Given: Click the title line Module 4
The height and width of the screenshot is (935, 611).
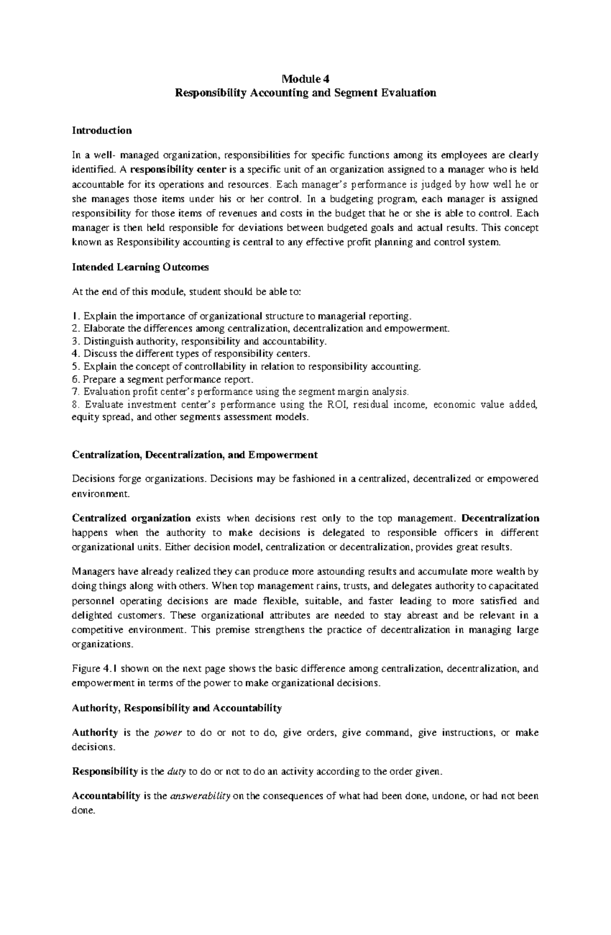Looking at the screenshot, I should click(x=305, y=79).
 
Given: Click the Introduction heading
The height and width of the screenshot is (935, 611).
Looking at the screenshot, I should click(x=102, y=130).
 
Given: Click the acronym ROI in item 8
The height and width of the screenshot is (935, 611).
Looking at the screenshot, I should click(x=330, y=405).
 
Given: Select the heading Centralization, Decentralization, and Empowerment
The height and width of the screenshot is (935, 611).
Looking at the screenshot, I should click(x=195, y=455).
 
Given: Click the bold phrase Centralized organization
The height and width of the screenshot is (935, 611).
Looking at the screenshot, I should click(x=131, y=518).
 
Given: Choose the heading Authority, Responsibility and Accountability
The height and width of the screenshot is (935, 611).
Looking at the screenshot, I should click(x=177, y=708).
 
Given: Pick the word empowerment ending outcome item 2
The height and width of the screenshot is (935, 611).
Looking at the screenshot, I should click(x=425, y=329).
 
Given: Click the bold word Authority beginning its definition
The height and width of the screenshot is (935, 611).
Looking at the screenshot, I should click(x=95, y=733).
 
